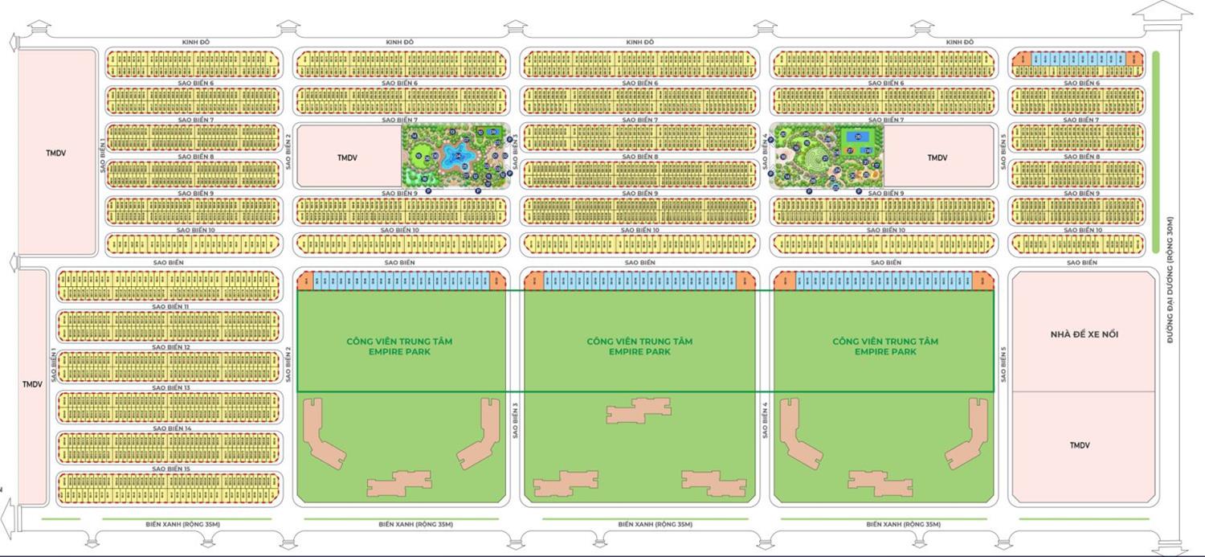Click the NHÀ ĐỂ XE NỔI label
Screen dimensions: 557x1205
pyautogui.click(x=1083, y=334)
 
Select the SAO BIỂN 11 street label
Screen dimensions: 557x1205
pyautogui.click(x=170, y=307)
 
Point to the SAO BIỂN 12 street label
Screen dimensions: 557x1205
pyautogui.click(x=170, y=347)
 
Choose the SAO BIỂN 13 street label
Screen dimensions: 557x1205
pyautogui.click(x=170, y=388)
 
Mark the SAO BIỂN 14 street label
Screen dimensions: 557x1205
pyautogui.click(x=170, y=428)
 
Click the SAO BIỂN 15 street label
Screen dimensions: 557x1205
pyautogui.click(x=170, y=469)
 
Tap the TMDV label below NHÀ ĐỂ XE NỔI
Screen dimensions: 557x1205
pyautogui.click(x=1080, y=445)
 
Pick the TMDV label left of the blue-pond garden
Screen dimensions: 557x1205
pyautogui.click(x=347, y=158)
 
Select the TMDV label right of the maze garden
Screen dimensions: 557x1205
pyautogui.click(x=937, y=158)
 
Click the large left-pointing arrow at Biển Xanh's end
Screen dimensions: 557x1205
pyautogui.click(x=8, y=514)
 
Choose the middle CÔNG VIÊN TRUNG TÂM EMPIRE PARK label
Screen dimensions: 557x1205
pyautogui.click(x=639, y=346)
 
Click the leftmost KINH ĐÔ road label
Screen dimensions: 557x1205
pyautogui.click(x=195, y=42)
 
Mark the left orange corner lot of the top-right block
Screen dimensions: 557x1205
pyautogui.click(x=1021, y=59)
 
